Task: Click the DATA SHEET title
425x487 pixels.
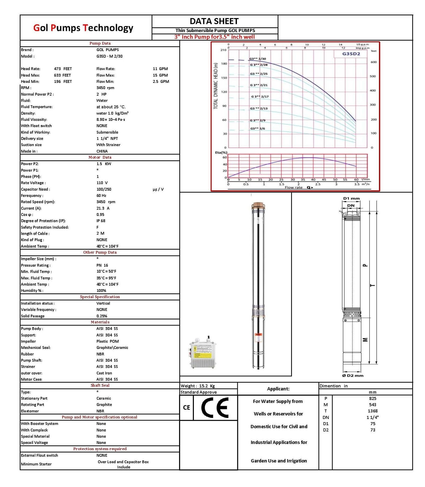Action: point(214,21)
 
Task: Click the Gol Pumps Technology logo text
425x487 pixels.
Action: point(83,28)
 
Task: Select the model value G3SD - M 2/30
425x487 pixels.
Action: point(109,56)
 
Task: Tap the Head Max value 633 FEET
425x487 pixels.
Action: point(62,75)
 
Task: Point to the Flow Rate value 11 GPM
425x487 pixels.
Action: point(160,69)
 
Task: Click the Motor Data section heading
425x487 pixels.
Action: point(100,157)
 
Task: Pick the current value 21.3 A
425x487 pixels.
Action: point(103,208)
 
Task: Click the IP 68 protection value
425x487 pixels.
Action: point(101,221)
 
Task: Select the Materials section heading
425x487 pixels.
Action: point(100,322)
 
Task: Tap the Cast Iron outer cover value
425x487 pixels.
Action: point(104,373)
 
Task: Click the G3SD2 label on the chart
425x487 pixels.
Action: point(351,54)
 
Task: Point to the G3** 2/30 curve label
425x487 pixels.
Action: point(257,59)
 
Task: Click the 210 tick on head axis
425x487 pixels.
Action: point(223,50)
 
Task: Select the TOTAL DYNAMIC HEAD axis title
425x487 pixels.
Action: point(216,86)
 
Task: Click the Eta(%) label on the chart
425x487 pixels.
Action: point(221,152)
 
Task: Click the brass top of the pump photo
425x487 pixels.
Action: point(258,206)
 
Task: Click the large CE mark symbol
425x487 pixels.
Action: point(215,408)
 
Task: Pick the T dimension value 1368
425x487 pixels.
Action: point(372,411)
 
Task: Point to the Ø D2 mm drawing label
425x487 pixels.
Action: point(352,375)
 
